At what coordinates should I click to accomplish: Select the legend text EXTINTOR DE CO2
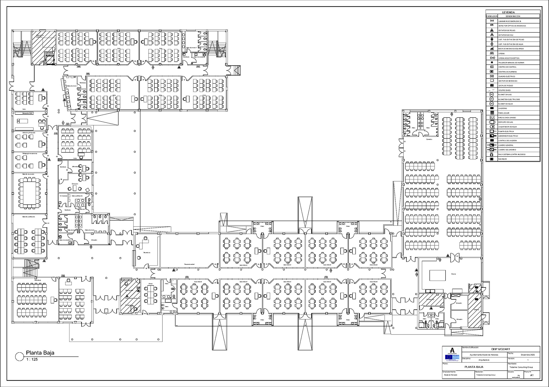[506, 35]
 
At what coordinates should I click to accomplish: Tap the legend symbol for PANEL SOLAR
[492, 113]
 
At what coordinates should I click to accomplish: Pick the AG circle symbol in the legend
[492, 94]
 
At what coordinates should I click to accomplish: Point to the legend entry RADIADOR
[502, 159]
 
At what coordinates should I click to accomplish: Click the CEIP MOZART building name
[500, 349]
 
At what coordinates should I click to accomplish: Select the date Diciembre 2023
[528, 355]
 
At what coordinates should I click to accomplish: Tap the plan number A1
[532, 375]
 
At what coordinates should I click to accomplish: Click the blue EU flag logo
[448, 357]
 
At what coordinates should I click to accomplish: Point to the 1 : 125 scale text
[32, 359]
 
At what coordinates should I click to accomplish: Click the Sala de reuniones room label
[28, 174]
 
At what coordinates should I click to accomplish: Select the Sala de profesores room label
[29, 217]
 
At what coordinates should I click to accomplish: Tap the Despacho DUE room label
[28, 113]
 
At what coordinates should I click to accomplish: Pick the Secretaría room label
[147, 253]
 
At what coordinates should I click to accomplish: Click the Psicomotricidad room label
[189, 264]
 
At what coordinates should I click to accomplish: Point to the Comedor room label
[429, 139]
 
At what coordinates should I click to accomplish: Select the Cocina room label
[453, 274]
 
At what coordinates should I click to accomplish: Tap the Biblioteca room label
[38, 280]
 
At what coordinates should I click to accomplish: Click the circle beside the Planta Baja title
[19, 356]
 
